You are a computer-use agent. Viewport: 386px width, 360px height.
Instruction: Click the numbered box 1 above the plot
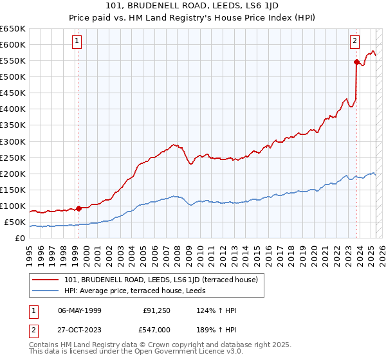[x=77, y=41]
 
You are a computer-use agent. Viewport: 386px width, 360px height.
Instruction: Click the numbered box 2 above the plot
[x=354, y=41]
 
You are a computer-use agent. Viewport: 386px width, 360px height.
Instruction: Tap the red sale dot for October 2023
[x=356, y=62]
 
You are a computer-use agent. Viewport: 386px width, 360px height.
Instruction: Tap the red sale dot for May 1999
[x=78, y=208]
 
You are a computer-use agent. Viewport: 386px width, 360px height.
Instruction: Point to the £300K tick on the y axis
[x=13, y=141]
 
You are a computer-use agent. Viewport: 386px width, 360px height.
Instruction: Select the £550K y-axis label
[x=13, y=60]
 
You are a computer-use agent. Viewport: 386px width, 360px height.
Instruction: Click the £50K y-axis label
[x=15, y=222]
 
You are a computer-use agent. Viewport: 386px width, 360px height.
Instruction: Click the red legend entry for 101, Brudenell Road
[x=161, y=280]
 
